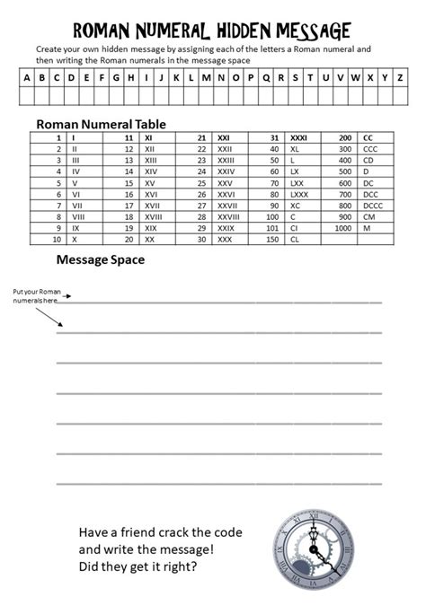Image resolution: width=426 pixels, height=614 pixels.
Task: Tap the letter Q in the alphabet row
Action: click(x=267, y=77)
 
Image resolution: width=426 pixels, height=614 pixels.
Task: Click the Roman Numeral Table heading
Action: click(x=100, y=124)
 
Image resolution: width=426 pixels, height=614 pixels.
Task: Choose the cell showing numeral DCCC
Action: click(x=374, y=205)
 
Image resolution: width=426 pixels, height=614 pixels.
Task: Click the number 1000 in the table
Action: click(x=342, y=228)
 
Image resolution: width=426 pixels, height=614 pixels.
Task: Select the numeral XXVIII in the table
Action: click(x=229, y=216)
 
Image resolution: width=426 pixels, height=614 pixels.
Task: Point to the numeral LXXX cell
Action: click(x=300, y=193)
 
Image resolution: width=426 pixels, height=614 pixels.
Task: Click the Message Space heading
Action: click(x=100, y=260)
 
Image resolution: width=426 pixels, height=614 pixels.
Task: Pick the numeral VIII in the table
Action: click(x=76, y=216)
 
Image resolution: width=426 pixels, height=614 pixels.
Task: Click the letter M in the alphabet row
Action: click(x=207, y=77)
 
